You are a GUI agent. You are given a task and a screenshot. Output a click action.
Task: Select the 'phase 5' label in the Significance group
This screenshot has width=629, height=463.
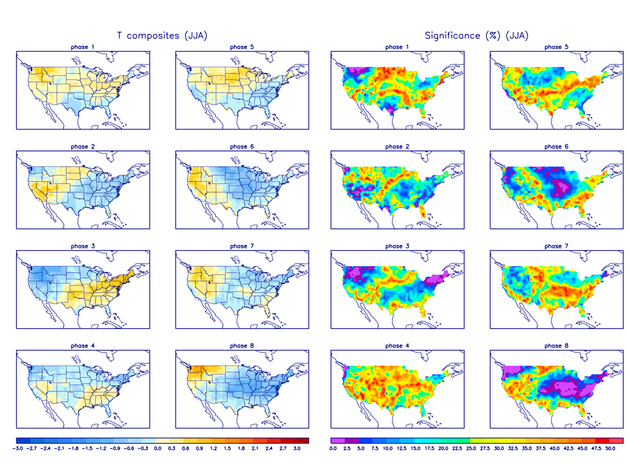[553, 47]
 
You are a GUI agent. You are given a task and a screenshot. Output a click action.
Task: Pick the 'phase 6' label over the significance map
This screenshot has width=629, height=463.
[553, 147]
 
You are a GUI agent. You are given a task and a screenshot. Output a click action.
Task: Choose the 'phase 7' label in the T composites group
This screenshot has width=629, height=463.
[238, 246]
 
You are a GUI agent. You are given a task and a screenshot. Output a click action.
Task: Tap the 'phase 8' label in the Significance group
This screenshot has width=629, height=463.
[553, 345]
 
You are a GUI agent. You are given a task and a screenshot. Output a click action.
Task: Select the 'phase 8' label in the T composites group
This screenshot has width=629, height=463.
[238, 345]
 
